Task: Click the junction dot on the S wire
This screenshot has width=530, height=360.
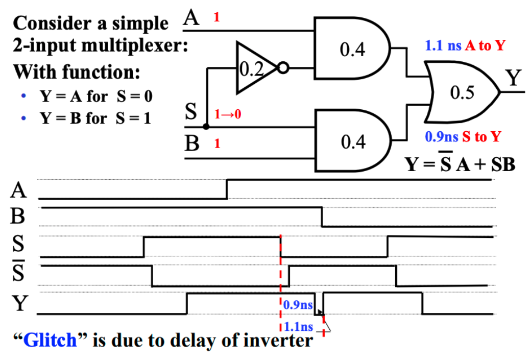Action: click(x=206, y=126)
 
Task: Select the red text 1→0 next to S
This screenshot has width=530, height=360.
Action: click(x=227, y=114)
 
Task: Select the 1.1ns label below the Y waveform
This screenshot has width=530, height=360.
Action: click(x=298, y=326)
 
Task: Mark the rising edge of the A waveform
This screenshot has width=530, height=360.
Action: click(x=227, y=189)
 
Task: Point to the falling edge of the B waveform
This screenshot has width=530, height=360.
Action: click(x=322, y=217)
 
